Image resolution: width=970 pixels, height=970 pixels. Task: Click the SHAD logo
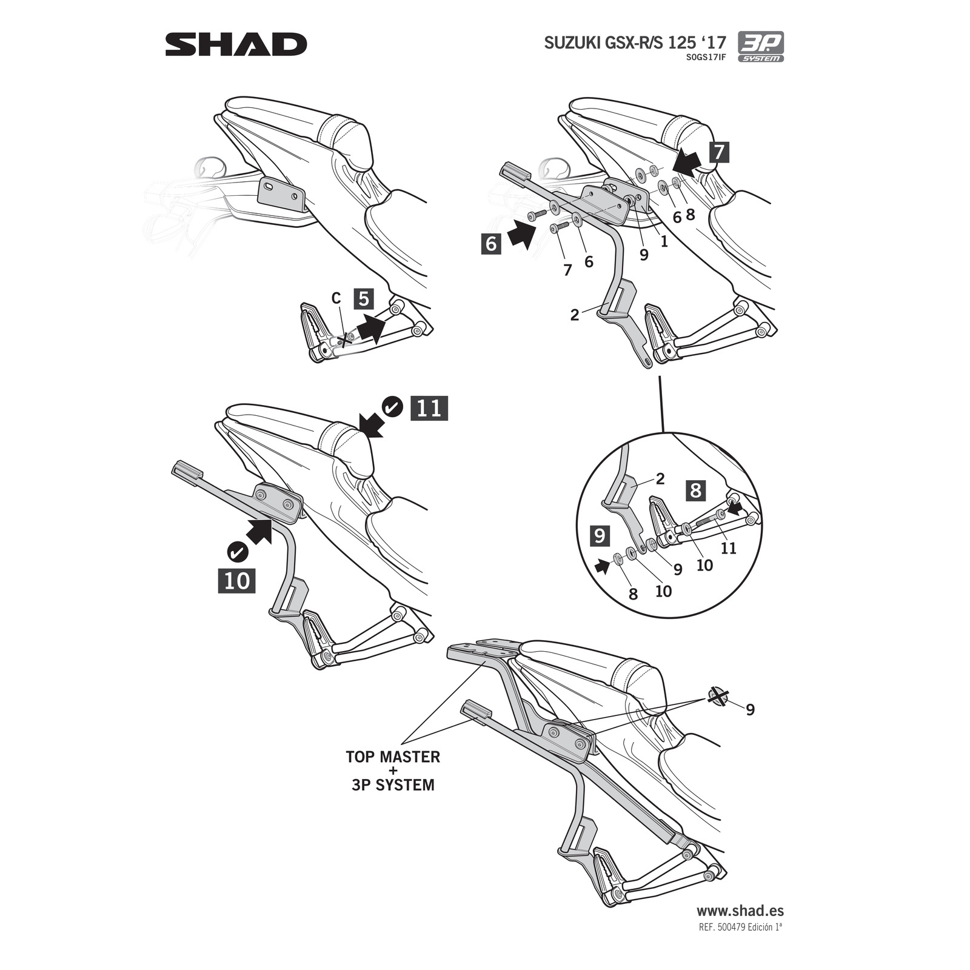click(x=236, y=45)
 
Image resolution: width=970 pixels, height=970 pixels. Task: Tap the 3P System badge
click(x=760, y=47)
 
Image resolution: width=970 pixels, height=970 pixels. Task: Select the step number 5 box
click(x=363, y=299)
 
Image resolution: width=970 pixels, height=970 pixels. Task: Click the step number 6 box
click(x=491, y=244)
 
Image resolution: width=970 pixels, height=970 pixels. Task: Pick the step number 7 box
click(x=718, y=152)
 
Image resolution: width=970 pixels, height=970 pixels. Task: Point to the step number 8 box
click(x=695, y=490)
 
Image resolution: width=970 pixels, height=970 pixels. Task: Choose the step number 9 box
click(x=599, y=535)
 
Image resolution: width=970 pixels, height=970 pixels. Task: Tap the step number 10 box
click(x=236, y=581)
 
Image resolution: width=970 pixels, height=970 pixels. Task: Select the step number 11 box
click(x=429, y=408)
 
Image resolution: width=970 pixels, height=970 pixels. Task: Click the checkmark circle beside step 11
click(x=393, y=407)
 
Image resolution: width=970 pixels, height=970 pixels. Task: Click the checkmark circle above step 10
click(x=236, y=552)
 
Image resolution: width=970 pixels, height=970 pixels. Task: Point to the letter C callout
click(x=336, y=298)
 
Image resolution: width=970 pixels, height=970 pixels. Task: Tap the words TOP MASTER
click(x=393, y=757)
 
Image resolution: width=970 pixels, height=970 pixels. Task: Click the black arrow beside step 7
click(x=687, y=162)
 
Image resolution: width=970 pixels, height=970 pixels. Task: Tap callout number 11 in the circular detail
click(x=728, y=548)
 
